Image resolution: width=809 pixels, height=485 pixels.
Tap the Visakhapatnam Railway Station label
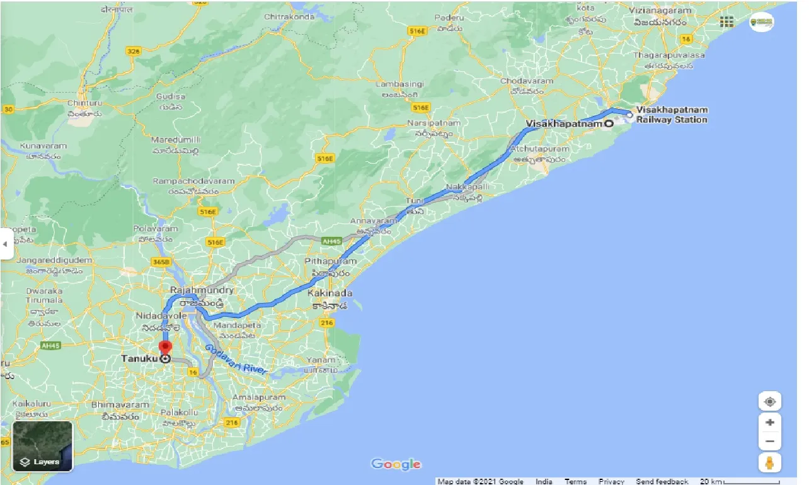click(x=672, y=115)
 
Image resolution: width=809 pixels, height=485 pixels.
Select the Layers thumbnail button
click(x=43, y=446)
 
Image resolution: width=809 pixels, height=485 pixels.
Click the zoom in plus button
click(x=769, y=423)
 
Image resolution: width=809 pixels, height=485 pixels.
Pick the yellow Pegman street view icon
click(x=769, y=463)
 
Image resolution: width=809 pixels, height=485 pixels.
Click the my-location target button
click(x=769, y=401)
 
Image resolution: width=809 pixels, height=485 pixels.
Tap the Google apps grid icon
click(x=726, y=22)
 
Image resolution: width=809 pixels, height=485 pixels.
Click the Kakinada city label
click(x=330, y=294)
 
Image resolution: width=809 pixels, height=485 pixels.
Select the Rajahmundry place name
click(x=202, y=290)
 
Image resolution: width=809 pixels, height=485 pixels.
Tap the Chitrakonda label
click(x=290, y=16)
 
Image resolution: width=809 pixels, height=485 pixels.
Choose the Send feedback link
click(x=662, y=481)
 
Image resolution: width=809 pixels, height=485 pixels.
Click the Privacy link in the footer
click(x=611, y=481)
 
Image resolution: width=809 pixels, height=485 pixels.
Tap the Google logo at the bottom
click(x=396, y=464)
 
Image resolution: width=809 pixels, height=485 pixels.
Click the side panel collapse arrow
click(x=6, y=243)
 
